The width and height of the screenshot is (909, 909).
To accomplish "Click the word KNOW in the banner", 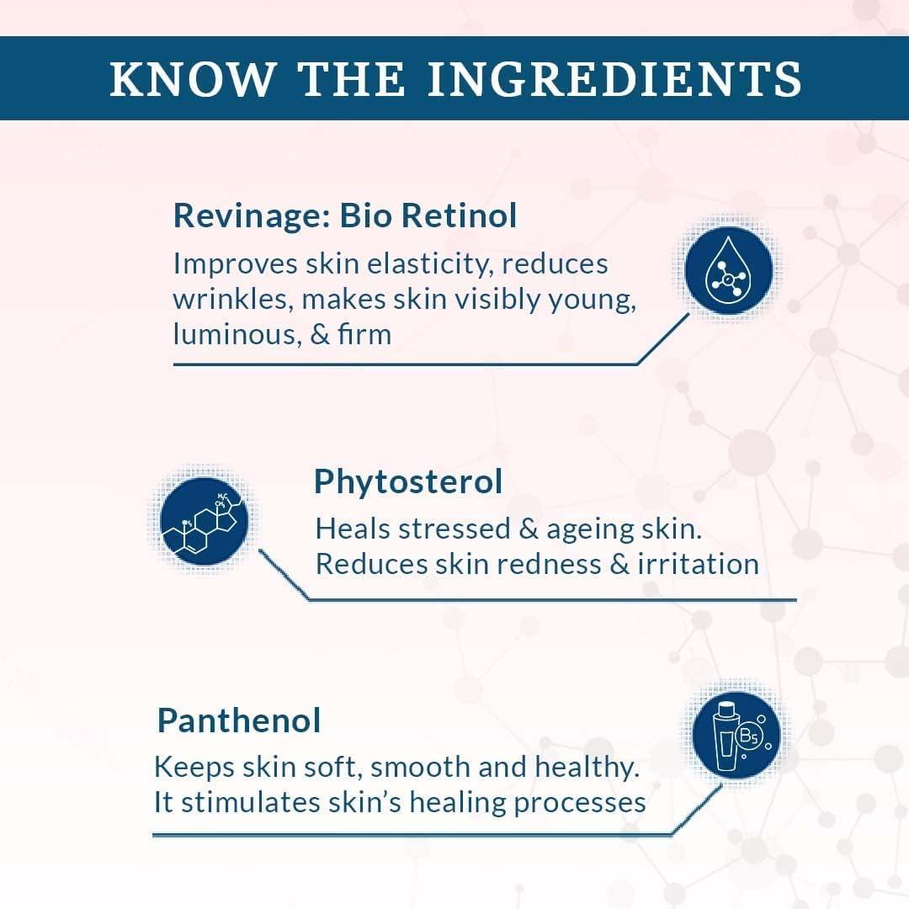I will pos(192,79).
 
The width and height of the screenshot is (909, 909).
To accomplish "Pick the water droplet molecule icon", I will pos(728,270).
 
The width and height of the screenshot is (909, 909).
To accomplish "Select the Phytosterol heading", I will pos(408,482).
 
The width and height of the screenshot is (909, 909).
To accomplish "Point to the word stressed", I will pos(454,529).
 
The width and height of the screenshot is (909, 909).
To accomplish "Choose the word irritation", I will pos(698,564).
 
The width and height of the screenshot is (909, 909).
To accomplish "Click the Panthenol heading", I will pos(239,721).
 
